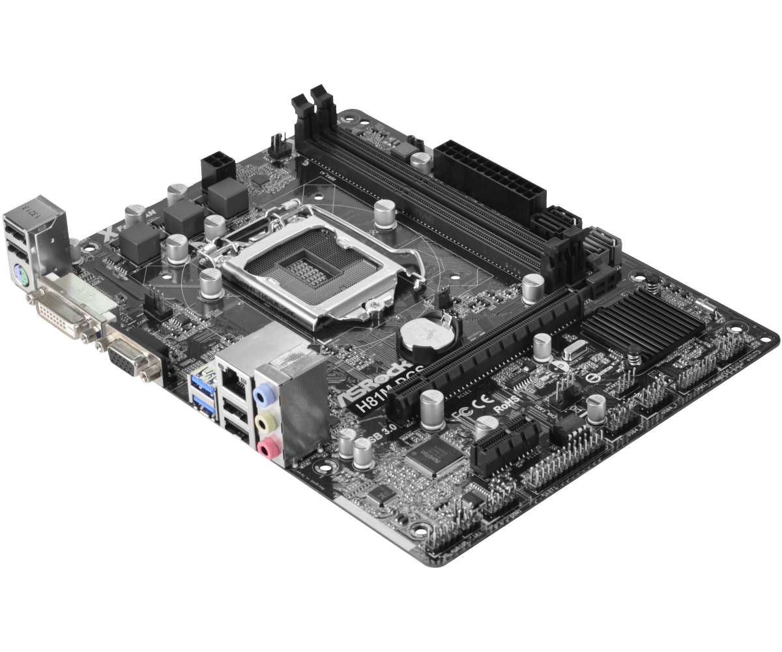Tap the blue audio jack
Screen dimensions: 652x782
pyautogui.click(x=262, y=394)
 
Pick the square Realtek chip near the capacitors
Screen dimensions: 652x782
pyautogui.click(x=432, y=455)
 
